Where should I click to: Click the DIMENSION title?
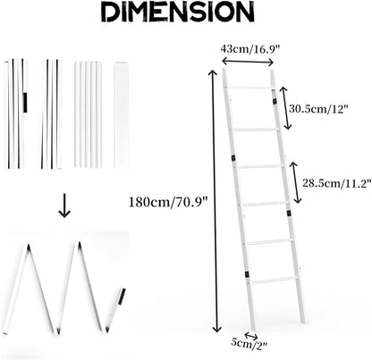pyautogui.click(x=178, y=12)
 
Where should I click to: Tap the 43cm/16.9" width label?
pyautogui.click(x=250, y=48)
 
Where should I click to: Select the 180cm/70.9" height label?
pyautogui.click(x=168, y=203)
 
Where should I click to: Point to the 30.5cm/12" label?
pyautogui.click(x=318, y=108)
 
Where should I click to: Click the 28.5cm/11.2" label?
pyautogui.click(x=337, y=183)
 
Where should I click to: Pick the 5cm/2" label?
pyautogui.click(x=249, y=344)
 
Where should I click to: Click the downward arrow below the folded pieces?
pyautogui.click(x=64, y=205)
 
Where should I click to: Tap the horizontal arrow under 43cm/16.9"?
pyautogui.click(x=248, y=62)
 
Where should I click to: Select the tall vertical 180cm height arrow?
pyautogui.click(x=214, y=201)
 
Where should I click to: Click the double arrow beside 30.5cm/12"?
pyautogui.click(x=284, y=108)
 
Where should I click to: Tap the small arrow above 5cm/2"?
pyautogui.click(x=251, y=336)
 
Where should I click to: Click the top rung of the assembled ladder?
pyautogui.click(x=249, y=88)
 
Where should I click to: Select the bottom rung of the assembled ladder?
pyautogui.click(x=275, y=280)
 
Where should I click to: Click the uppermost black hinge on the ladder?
pyautogui.click(x=275, y=101)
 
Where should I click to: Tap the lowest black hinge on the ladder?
pyautogui.click(x=247, y=274)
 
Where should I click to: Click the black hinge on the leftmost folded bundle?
pyautogui.click(x=25, y=103)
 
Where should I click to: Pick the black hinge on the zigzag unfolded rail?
pyautogui.click(x=122, y=297)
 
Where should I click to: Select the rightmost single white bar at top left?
pyautogui.click(x=122, y=115)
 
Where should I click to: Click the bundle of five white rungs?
pyautogui.click(x=88, y=114)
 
